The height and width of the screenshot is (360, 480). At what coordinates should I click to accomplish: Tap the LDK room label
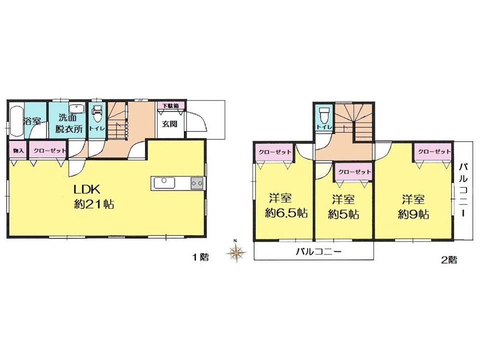pos(86,189)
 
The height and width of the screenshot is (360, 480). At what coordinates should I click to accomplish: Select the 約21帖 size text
pos(94,204)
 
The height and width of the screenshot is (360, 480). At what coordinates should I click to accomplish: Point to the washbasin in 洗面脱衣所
pos(77,109)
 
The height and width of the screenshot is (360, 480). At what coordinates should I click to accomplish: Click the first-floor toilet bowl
pos(96,114)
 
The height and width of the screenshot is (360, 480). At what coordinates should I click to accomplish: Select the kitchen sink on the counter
pos(164,183)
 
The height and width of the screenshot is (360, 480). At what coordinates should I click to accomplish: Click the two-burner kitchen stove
pos(197,183)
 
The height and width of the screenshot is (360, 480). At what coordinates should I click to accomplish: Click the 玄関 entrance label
pos(169,124)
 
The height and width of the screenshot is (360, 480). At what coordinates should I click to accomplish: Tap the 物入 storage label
pos(18,151)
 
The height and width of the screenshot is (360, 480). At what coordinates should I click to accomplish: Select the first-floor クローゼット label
pos(49,150)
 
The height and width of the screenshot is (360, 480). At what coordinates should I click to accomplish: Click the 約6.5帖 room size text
pos(286,213)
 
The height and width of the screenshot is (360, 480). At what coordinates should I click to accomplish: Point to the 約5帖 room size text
pos(343,214)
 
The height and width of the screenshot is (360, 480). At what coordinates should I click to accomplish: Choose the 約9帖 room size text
pos(413,214)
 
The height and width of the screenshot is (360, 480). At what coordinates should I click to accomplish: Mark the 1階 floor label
pos(200,257)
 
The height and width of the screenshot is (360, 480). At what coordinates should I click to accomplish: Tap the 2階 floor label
pos(449,260)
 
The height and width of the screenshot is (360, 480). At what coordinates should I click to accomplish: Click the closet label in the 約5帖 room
pos(354,171)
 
